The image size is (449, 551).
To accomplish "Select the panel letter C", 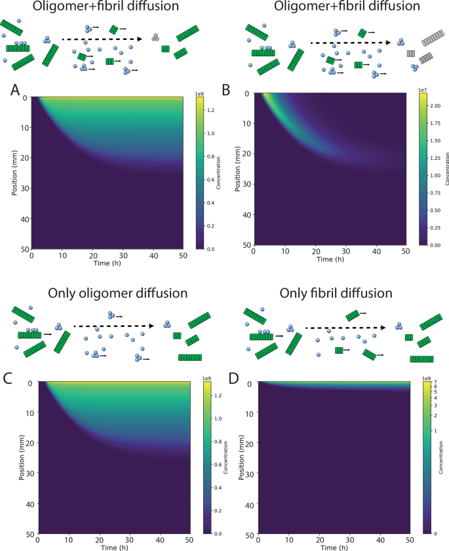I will point(9,377).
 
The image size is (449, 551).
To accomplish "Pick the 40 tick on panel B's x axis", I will point(376,252).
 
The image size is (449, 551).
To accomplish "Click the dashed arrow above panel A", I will point(102,39).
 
